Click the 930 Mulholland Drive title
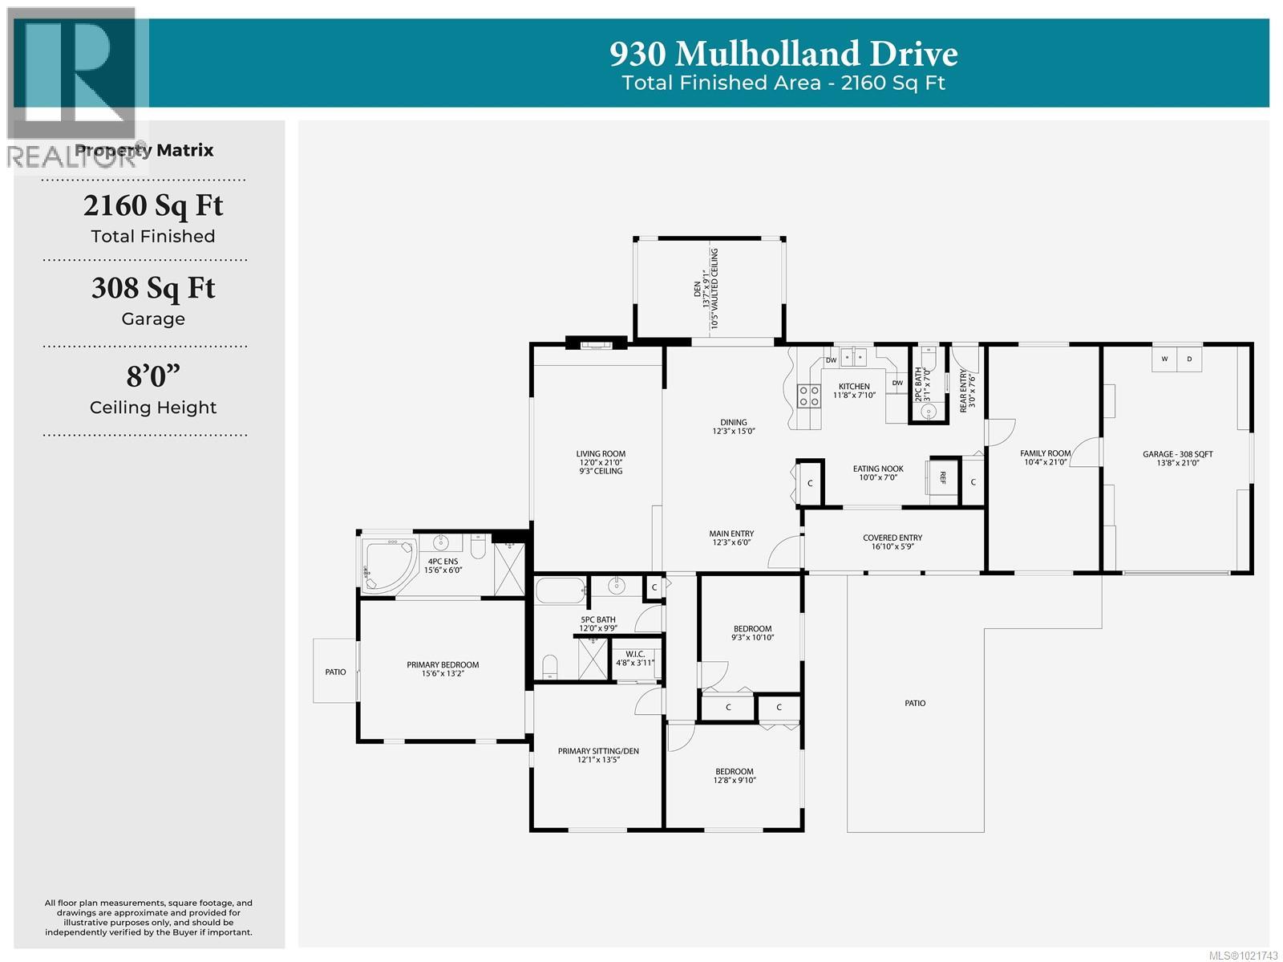(x=783, y=54)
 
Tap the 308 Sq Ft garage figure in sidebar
(x=153, y=288)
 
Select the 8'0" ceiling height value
(x=153, y=375)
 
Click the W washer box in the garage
(x=1164, y=359)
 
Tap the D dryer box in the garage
(x=1189, y=359)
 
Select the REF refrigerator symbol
(x=943, y=477)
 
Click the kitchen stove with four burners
(x=808, y=394)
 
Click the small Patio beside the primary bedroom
(x=335, y=672)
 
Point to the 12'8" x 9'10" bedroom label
(x=735, y=776)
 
